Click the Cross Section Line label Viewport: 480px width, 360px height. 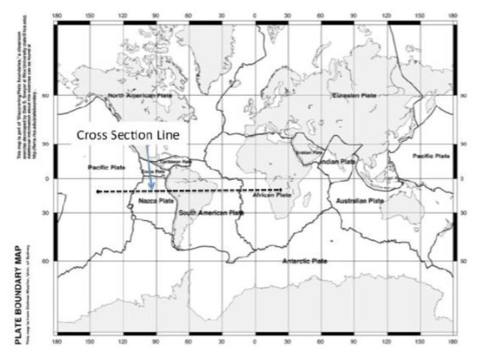pyautogui.click(x=130, y=135)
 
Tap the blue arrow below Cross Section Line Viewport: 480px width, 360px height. pyautogui.click(x=150, y=170)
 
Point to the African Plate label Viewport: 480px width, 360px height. pyautogui.click(x=271, y=195)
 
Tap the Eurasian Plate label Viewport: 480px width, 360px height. pyautogui.click(x=354, y=95)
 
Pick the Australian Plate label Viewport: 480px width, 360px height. pyautogui.click(x=360, y=201)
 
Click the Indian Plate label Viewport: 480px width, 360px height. pyautogui.click(x=337, y=161)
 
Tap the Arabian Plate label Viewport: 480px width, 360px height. pyautogui.click(x=309, y=152)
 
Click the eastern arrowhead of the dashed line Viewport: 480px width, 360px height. pyautogui.click(x=280, y=190)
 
